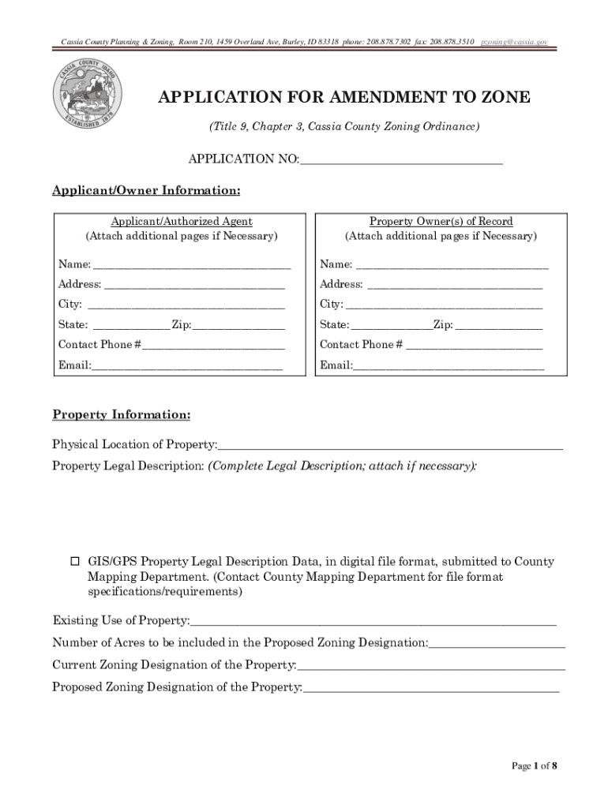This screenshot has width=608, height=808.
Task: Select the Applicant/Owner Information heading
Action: [146, 191]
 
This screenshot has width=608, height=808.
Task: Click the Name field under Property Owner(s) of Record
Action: [451, 264]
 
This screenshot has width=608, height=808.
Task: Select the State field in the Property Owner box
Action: [391, 325]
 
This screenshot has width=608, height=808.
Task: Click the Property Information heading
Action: [121, 415]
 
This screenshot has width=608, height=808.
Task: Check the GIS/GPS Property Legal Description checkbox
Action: [76, 562]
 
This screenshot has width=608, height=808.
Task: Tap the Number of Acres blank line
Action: [497, 643]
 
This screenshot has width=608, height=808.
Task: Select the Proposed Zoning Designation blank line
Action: [431, 687]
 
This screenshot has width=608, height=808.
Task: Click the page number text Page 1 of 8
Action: [535, 765]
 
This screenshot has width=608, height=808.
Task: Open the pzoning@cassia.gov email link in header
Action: [514, 41]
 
